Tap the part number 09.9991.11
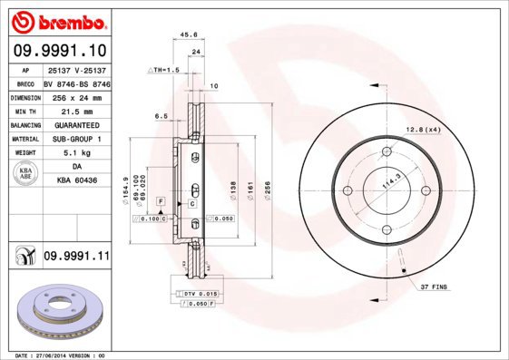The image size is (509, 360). (76, 258)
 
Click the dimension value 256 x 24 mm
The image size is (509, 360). (76, 96)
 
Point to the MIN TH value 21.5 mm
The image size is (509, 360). (76, 111)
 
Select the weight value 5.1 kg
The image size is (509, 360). (76, 153)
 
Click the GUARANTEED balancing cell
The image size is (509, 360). (76, 125)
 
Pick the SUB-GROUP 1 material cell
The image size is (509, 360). (76, 139)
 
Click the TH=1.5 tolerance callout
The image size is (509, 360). (164, 69)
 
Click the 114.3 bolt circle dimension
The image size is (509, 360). (393, 181)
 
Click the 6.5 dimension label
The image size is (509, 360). (162, 116)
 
